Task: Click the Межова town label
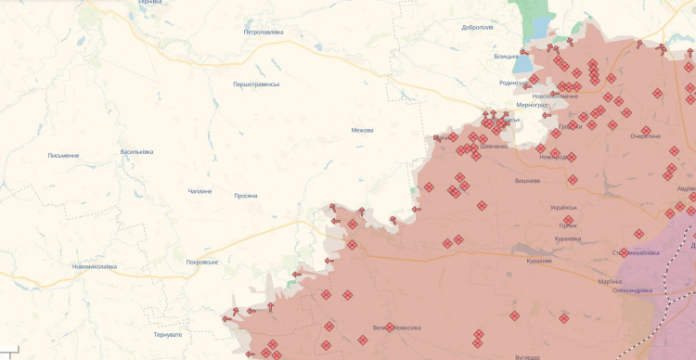click(363, 130)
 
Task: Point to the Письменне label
click(63, 155)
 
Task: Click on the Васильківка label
click(136, 151)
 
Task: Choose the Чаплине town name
click(200, 191)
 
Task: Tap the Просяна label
click(245, 196)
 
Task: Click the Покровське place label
click(201, 263)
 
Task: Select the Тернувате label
click(168, 334)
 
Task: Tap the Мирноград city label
click(533, 105)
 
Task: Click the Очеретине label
click(645, 136)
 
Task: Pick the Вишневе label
click(527, 181)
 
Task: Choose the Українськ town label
click(563, 207)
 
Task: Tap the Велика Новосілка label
click(396, 328)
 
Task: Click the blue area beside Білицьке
click(522, 67)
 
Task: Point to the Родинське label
click(512, 83)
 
